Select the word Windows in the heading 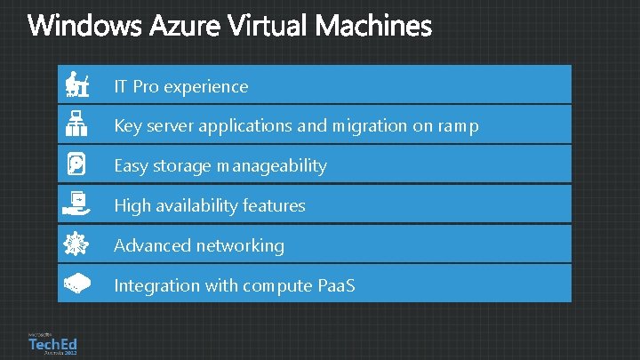tap(80, 27)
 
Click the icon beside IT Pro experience tap(76, 85)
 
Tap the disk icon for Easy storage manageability tap(76, 165)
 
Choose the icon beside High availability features tap(76, 204)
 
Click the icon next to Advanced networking tap(76, 244)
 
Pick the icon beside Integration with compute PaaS tap(76, 284)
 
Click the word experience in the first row tap(206, 87)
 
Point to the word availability tap(198, 206)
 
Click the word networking tap(243, 245)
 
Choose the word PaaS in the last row tap(334, 285)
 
